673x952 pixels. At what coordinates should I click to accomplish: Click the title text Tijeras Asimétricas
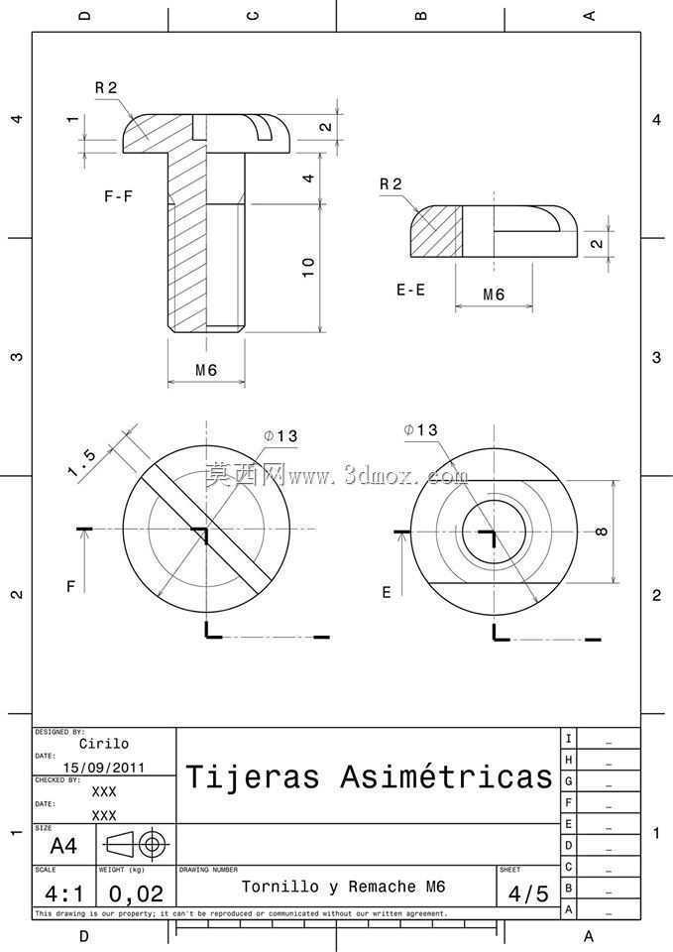[369, 777]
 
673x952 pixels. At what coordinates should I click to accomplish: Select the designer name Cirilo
[104, 744]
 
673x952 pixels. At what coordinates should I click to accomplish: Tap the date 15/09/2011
[104, 768]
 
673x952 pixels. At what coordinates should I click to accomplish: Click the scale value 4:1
[63, 893]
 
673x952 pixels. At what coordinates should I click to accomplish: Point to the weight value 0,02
[137, 893]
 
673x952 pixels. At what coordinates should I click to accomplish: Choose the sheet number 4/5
[528, 893]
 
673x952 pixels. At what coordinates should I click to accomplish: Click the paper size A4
[63, 845]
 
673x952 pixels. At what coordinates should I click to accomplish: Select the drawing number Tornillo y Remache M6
[344, 887]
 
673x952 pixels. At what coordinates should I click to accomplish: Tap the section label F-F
[118, 196]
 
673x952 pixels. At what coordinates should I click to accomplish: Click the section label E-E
[411, 291]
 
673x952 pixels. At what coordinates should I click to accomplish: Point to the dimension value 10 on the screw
[309, 267]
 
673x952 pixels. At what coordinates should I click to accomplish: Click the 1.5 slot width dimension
[81, 462]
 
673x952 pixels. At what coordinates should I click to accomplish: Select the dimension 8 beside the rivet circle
[602, 532]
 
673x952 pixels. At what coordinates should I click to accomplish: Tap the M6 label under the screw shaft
[206, 370]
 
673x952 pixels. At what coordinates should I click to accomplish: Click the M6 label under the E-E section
[494, 295]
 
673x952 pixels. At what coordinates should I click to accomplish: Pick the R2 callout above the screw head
[106, 88]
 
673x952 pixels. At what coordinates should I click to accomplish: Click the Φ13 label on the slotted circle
[280, 436]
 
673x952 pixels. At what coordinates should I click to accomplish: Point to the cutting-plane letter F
[71, 586]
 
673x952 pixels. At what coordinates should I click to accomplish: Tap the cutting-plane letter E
[387, 593]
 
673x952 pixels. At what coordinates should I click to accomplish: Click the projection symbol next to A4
[136, 844]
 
